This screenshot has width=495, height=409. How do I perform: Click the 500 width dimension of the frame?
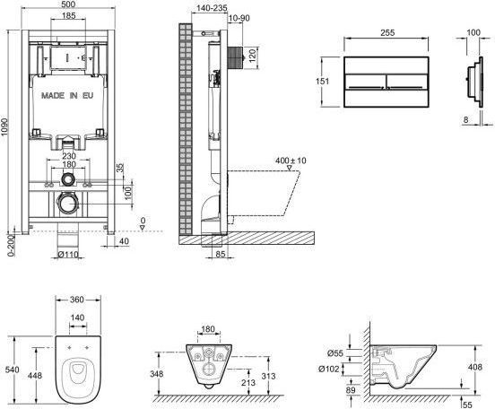(68, 4)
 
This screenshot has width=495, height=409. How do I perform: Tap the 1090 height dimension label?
(4, 128)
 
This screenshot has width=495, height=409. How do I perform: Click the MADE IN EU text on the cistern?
(67, 95)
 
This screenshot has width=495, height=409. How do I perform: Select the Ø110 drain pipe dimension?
(68, 254)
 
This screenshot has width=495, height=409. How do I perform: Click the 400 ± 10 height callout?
(291, 161)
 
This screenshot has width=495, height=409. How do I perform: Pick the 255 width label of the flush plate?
(387, 32)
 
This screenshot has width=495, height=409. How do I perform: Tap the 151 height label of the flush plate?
(322, 81)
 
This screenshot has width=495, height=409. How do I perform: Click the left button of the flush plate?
(365, 82)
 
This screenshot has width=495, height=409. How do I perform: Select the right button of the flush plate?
(407, 82)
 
